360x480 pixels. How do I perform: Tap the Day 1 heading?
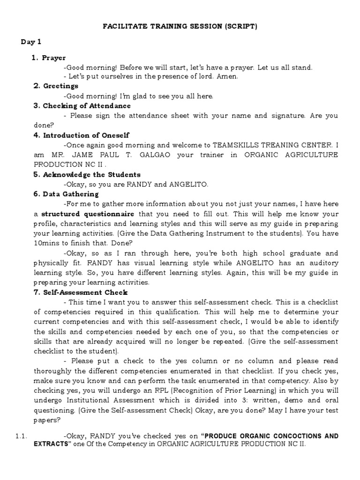pos(31,42)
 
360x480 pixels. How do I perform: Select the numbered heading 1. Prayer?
pos(49,58)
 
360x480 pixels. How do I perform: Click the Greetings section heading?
pos(56,86)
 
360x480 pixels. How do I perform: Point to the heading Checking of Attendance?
pos(82,106)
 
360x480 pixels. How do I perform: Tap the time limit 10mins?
pos(47,243)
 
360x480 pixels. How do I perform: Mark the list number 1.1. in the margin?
pos(20,436)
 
